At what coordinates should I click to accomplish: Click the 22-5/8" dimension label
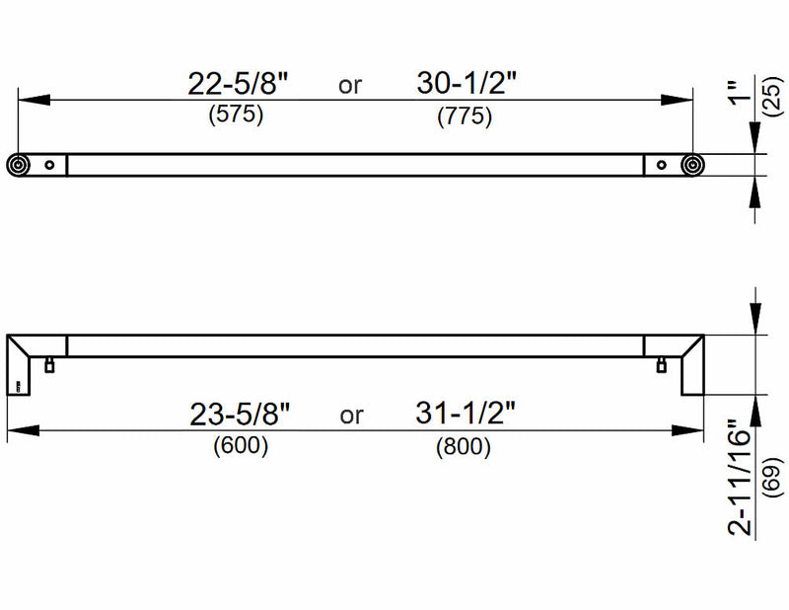pos(238,84)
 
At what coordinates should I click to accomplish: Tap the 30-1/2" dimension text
pos(466,83)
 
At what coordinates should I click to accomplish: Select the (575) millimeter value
pos(236,114)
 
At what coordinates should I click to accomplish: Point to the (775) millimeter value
pos(465,116)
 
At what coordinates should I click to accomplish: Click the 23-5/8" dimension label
pos(240,415)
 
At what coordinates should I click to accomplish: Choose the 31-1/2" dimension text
pos(466,413)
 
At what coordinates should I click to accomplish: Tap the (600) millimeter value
pos(241,446)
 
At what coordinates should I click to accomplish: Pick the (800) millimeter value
pos(463,447)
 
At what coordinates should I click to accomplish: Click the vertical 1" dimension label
pos(739,93)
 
